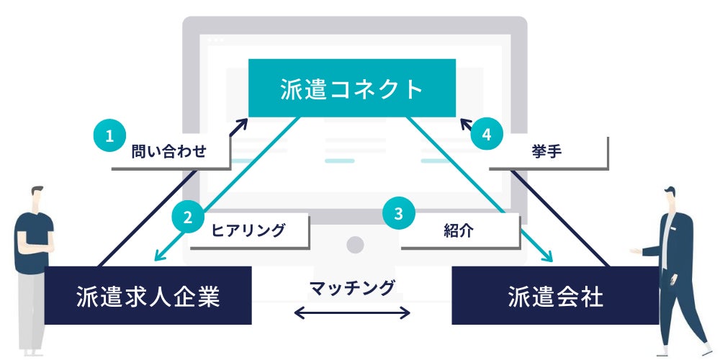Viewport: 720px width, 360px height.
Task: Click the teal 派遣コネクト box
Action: click(x=352, y=88)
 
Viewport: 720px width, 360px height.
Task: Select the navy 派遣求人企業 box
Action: click(x=148, y=295)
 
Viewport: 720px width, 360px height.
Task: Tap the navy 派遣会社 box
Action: click(x=554, y=295)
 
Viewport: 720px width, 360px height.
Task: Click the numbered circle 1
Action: click(x=109, y=136)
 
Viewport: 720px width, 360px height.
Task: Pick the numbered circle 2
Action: click(x=187, y=217)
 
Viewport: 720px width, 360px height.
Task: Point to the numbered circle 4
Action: click(x=487, y=134)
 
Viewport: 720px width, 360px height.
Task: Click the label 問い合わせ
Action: click(x=169, y=152)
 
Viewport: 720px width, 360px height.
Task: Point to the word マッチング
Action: click(x=352, y=288)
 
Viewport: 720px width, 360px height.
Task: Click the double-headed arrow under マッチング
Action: click(x=352, y=313)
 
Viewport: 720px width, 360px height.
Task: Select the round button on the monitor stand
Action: click(x=355, y=245)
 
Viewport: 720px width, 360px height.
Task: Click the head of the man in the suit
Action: click(x=670, y=197)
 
